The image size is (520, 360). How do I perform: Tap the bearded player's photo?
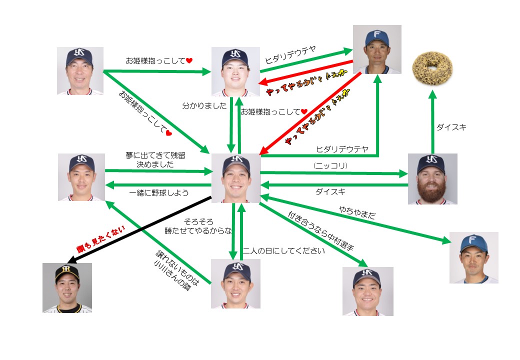click(432, 178)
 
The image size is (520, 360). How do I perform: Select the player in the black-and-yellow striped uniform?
click(67, 287)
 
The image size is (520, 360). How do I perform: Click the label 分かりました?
click(204, 106)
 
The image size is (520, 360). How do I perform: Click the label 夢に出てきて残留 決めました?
click(150, 159)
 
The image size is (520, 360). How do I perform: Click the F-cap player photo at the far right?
click(473, 257)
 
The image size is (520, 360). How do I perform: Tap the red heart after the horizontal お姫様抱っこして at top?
click(189, 60)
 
